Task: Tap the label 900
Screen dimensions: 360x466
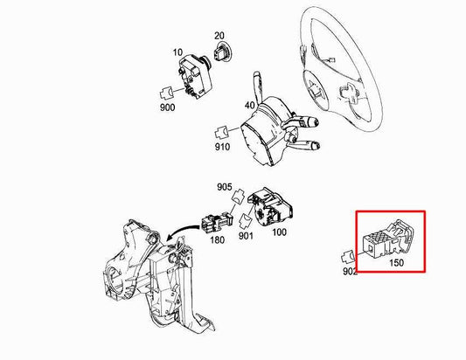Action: click(167, 107)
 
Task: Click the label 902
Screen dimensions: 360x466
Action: click(351, 273)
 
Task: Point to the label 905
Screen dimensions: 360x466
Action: click(225, 187)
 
